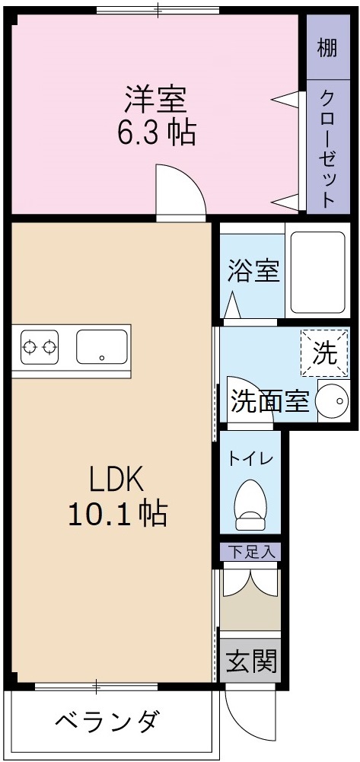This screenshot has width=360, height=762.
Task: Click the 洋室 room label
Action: click(x=156, y=99)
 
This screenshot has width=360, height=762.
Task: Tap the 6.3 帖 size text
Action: click(x=156, y=132)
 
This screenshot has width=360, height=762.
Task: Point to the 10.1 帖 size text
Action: click(x=116, y=515)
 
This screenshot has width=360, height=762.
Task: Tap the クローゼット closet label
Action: click(x=327, y=149)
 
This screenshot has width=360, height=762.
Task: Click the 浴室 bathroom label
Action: click(x=253, y=271)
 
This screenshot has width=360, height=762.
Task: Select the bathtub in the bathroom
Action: click(x=317, y=273)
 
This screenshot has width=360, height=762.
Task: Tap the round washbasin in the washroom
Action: click(x=331, y=400)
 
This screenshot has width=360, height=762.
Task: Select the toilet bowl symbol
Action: click(x=250, y=504)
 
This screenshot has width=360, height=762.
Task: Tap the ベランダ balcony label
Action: click(x=108, y=719)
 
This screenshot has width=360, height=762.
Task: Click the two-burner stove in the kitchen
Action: click(x=40, y=348)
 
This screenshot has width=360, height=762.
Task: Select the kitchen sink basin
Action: click(x=101, y=347)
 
